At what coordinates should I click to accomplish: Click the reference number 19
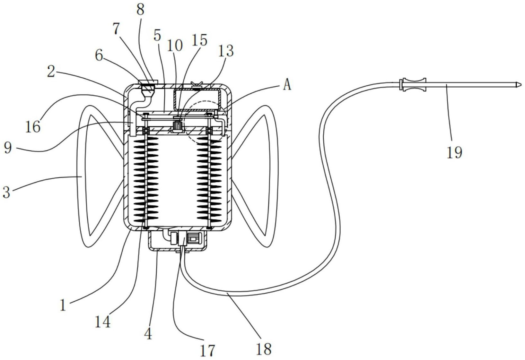(454, 152)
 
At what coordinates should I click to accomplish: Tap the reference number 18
(264, 349)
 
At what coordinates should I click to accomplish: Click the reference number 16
(33, 127)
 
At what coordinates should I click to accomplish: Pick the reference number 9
(8, 148)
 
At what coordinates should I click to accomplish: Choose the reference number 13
(226, 51)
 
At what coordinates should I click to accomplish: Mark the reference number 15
(199, 40)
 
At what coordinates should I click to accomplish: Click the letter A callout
(287, 85)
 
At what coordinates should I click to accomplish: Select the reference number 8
(140, 10)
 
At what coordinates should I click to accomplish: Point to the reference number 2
(51, 72)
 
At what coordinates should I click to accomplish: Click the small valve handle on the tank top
(197, 86)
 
